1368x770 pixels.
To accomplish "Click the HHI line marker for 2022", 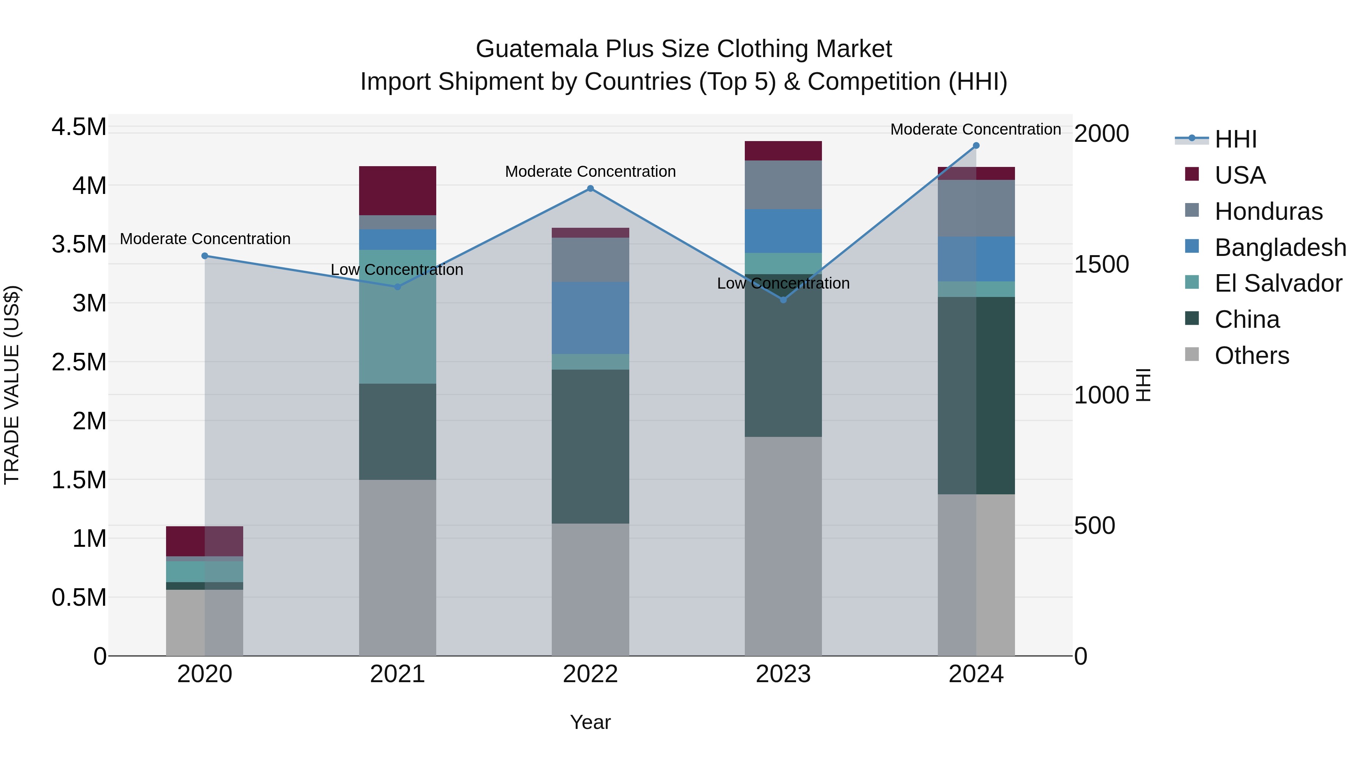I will tap(590, 189).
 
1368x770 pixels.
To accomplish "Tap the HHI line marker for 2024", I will tap(976, 146).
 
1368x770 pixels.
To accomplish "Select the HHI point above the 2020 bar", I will tap(205, 256).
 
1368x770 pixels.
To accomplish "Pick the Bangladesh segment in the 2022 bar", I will tap(590, 318).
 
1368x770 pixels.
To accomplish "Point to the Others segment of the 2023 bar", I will tap(783, 546).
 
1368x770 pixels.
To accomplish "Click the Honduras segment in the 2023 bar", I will tap(783, 185).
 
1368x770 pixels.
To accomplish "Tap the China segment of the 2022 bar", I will tap(590, 446).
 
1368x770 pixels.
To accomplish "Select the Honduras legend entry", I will tap(1268, 211).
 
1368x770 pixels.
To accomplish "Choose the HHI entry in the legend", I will tap(1235, 139).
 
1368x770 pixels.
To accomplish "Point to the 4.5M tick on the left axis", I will tap(79, 127).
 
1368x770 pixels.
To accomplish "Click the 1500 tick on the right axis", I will tap(1101, 265).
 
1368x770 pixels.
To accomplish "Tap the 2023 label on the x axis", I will tap(783, 675).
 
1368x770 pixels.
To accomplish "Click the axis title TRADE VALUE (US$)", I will tap(12, 385).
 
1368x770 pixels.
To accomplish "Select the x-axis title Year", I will tap(590, 723).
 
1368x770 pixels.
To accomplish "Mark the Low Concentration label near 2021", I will tap(397, 270).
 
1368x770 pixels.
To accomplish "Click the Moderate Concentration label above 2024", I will tap(975, 130).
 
